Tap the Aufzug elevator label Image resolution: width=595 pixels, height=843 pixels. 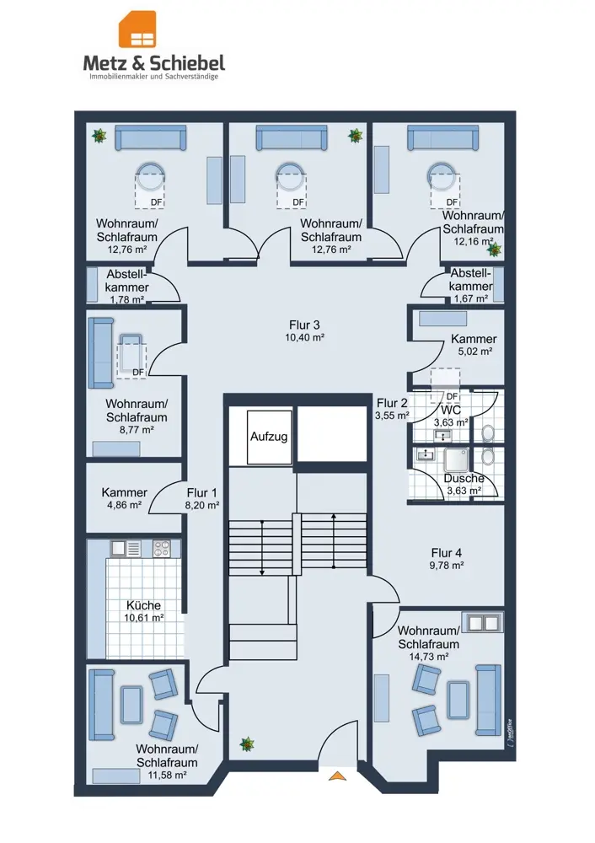point(269,437)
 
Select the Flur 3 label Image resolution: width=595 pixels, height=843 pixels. point(304,325)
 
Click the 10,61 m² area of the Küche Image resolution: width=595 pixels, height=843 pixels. point(143,618)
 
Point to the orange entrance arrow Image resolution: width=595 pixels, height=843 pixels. point(337,775)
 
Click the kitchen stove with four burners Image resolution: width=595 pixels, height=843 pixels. point(161,549)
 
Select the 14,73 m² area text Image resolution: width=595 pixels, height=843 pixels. point(428,657)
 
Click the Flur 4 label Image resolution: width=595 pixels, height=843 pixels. point(446,553)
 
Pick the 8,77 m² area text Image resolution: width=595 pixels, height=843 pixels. point(137,430)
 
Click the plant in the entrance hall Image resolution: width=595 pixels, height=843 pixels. point(247,744)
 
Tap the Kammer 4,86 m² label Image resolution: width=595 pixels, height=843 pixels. point(124,498)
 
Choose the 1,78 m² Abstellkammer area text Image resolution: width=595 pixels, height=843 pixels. point(127,299)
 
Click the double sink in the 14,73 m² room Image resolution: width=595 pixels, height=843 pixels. point(484,622)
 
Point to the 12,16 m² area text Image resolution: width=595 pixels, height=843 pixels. point(473,241)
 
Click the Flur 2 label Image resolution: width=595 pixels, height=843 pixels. point(392,403)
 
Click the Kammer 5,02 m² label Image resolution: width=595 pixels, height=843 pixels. point(474,345)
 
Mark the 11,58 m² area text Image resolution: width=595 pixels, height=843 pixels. point(167,775)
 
